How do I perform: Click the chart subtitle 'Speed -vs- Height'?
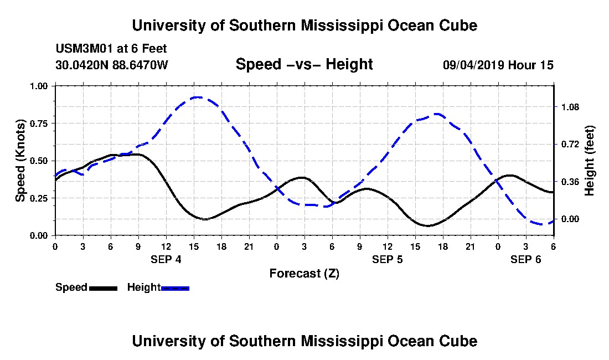click(304, 64)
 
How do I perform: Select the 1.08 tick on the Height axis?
click(571, 107)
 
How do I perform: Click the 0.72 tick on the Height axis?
click(571, 144)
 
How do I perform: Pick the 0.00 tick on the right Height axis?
click(571, 219)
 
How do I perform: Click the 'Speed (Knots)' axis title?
click(20, 161)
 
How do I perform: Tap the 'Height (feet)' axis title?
click(589, 161)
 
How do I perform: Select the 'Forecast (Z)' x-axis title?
click(304, 273)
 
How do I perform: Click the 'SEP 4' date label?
click(166, 259)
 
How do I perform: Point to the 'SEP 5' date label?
click(387, 259)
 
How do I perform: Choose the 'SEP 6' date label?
click(525, 259)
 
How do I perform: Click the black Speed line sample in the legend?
click(103, 288)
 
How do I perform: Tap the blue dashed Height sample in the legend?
click(175, 288)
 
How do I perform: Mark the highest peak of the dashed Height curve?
click(197, 97)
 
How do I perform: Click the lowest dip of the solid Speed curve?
click(427, 225)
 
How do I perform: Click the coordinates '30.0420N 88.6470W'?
click(111, 65)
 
